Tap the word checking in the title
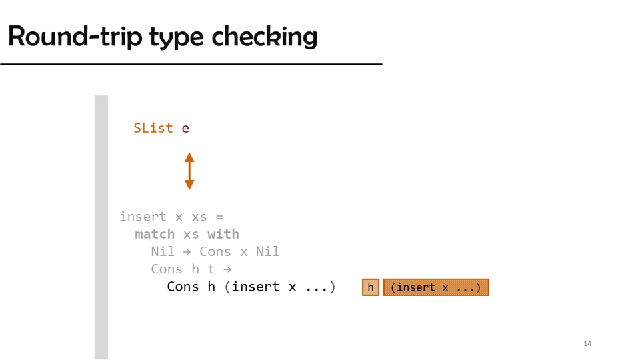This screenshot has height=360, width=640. (x=265, y=37)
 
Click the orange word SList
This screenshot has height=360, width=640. (x=153, y=128)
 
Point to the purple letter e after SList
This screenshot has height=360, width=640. (x=185, y=129)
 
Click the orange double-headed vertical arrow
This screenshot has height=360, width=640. (x=189, y=171)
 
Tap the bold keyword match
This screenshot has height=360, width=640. (x=155, y=234)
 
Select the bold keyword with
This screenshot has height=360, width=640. (x=223, y=234)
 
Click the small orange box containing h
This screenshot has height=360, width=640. (x=371, y=287)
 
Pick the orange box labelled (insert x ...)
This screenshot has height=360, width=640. (x=436, y=287)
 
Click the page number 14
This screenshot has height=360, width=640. (x=587, y=344)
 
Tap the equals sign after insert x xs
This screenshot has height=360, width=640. (x=219, y=217)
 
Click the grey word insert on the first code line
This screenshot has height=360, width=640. (x=143, y=217)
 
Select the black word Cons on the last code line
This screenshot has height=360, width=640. (x=183, y=287)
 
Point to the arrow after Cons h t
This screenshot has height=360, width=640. (x=227, y=269)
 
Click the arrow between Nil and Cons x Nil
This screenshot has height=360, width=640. (x=187, y=252)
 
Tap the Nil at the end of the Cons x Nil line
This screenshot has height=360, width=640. (x=267, y=251)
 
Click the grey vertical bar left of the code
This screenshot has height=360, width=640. (x=101, y=227)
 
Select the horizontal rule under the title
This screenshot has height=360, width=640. (x=191, y=64)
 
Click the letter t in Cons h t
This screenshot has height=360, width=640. (x=211, y=269)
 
